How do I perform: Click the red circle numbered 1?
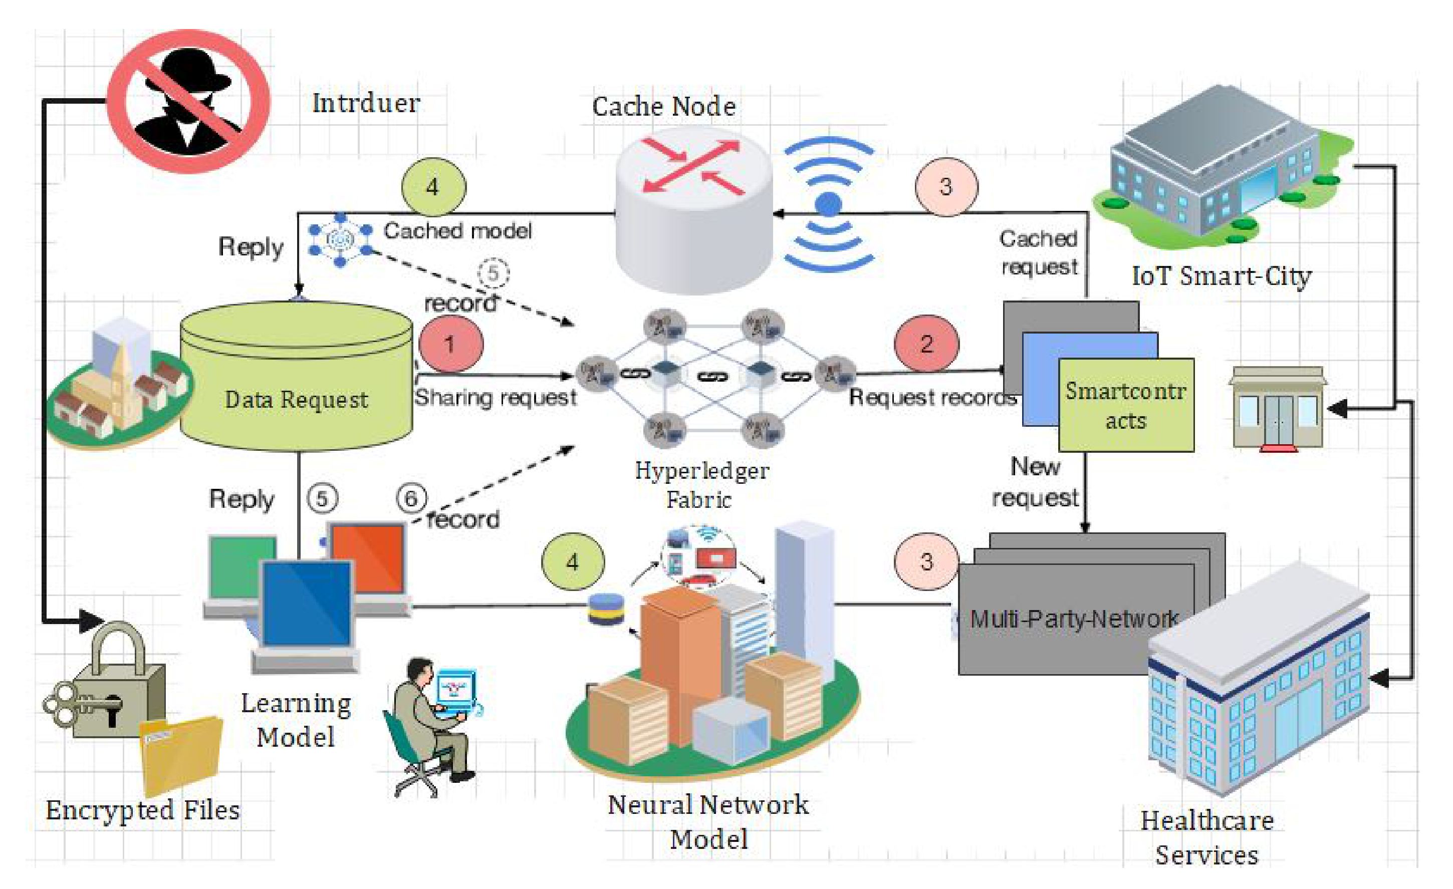[x=450, y=344]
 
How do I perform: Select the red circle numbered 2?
[x=926, y=344]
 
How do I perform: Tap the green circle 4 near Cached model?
[x=433, y=187]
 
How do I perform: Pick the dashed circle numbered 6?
[x=411, y=499]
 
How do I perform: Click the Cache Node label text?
[x=663, y=107]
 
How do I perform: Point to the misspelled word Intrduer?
[x=366, y=103]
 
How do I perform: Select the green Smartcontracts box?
[x=1126, y=406]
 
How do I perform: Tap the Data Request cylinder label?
[x=296, y=400]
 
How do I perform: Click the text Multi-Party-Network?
[x=1073, y=619]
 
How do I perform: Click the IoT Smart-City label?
[x=1221, y=276]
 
